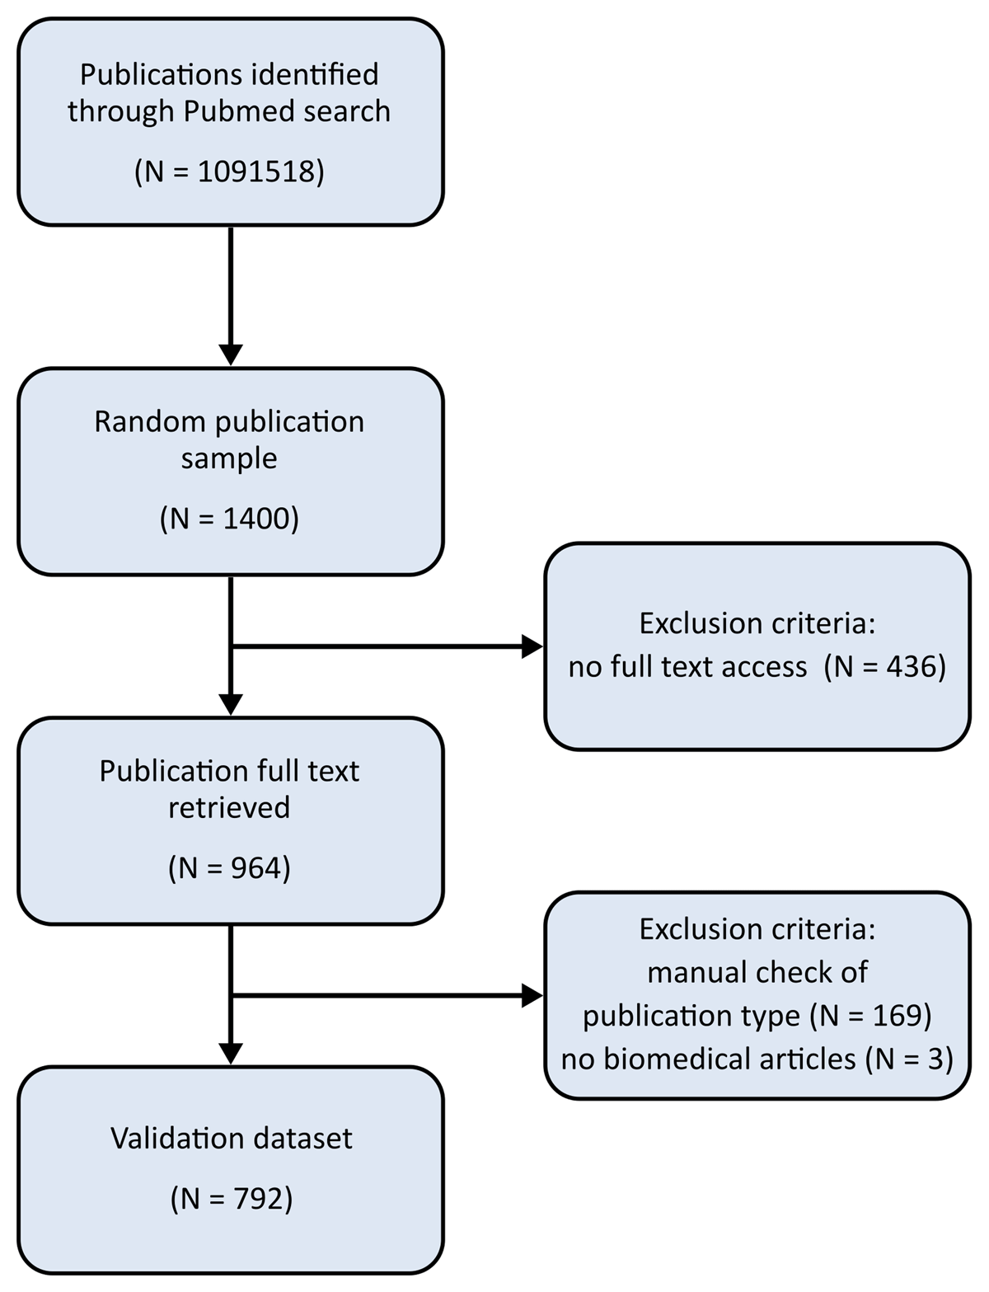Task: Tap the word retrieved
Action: pos(229,807)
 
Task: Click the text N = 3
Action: pos(909,1059)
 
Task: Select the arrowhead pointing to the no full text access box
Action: pos(532,646)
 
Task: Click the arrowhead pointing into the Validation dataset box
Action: pos(231,1054)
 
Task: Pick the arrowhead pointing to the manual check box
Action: pos(532,995)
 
